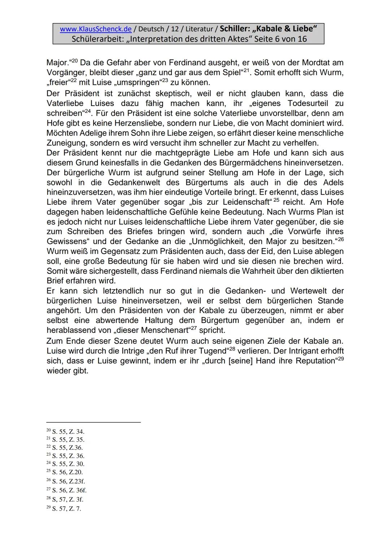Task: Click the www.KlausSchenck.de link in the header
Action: tap(95, 29)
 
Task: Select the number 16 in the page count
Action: tap(302, 39)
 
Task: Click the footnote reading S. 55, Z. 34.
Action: tap(68, 432)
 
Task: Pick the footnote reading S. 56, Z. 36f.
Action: tap(69, 490)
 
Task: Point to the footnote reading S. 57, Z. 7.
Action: tap(66, 509)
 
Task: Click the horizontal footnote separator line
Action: tap(94, 422)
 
